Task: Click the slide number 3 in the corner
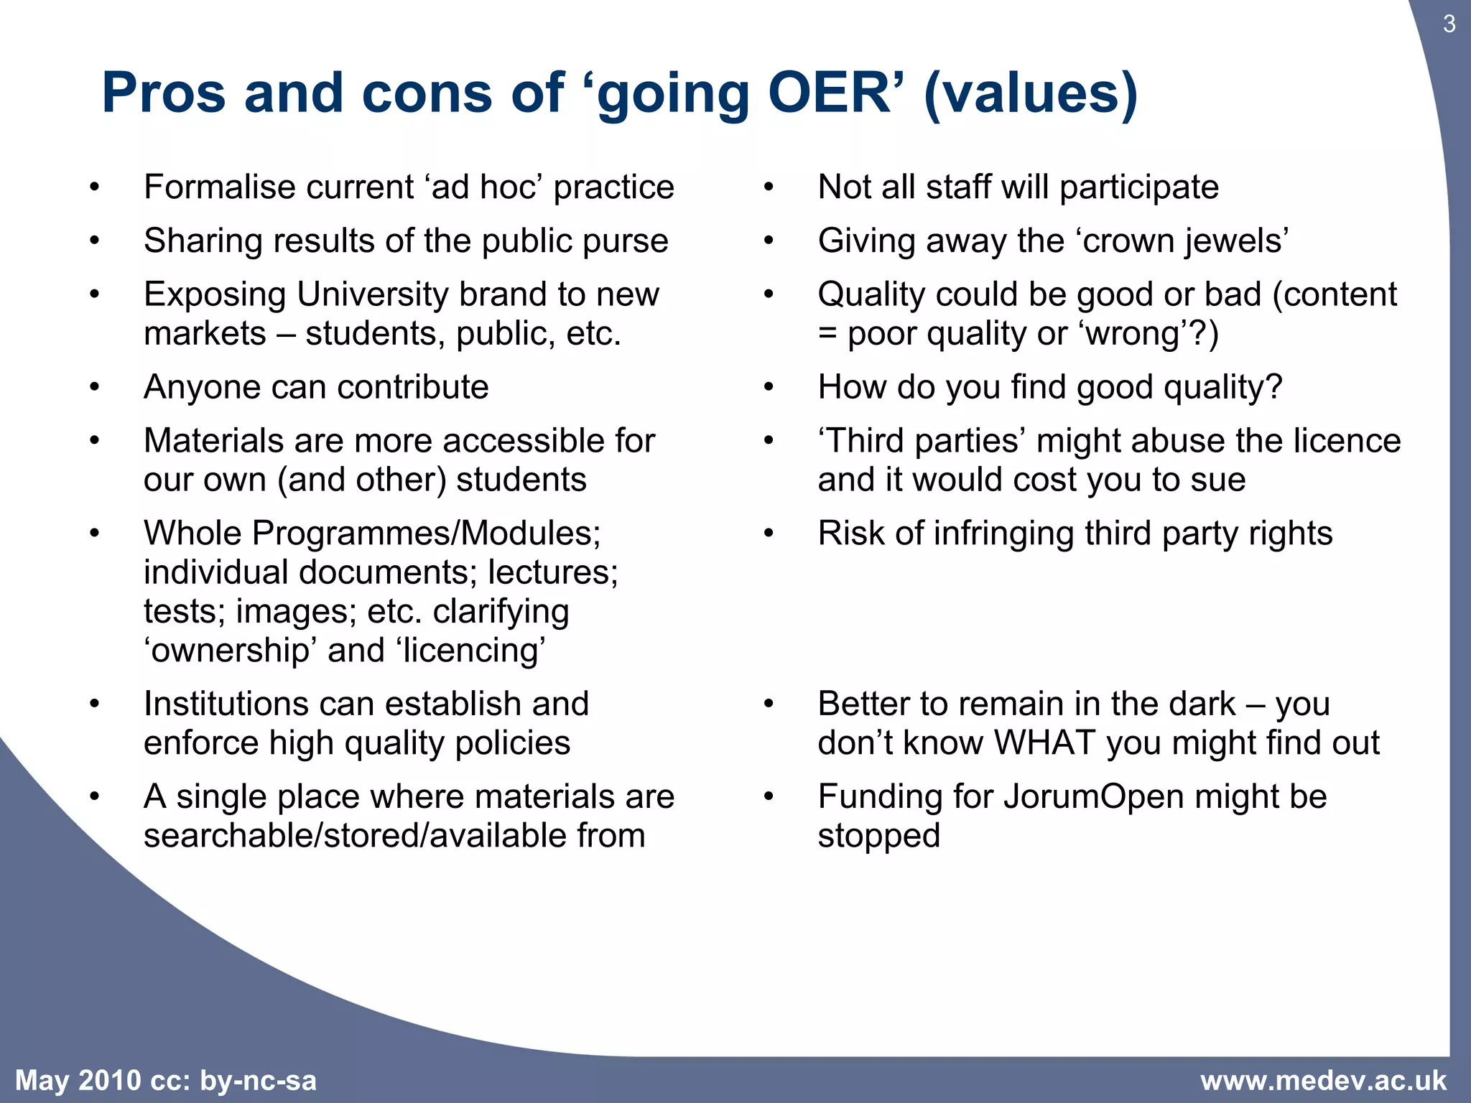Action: (1449, 24)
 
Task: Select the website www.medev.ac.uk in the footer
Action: (1323, 1081)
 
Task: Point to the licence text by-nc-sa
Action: (258, 1081)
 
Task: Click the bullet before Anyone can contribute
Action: (94, 388)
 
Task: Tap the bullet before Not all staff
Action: (769, 188)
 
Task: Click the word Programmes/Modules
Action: (426, 534)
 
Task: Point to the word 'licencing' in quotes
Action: (470, 651)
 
